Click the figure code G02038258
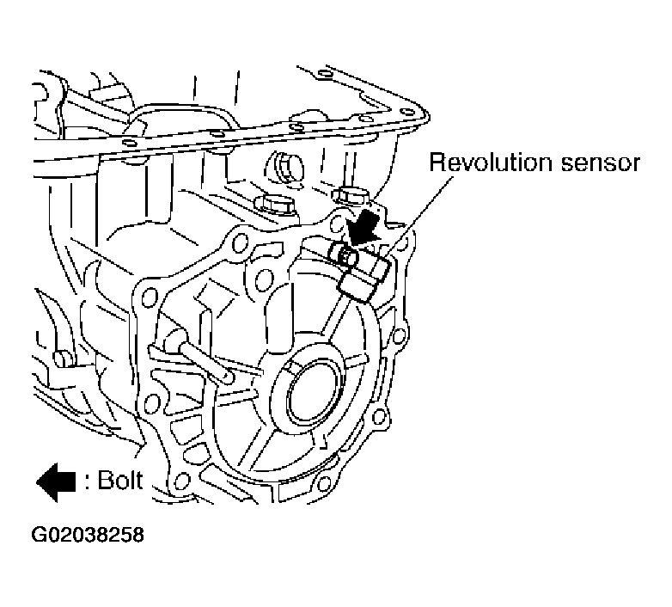[88, 535]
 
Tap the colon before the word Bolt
[88, 481]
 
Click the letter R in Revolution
[437, 163]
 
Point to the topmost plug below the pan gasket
[284, 162]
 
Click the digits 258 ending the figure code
[127, 535]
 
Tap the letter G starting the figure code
[40, 535]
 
